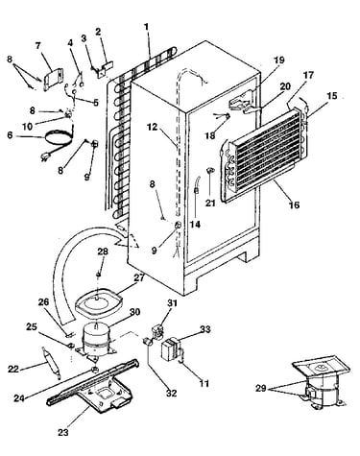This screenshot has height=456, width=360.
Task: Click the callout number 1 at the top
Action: pyautogui.click(x=147, y=27)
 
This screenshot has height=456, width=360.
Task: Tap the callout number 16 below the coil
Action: pyautogui.click(x=294, y=204)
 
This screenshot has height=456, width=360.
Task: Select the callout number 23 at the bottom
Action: pyautogui.click(x=63, y=433)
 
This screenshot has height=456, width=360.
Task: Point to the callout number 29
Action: pyautogui.click(x=261, y=389)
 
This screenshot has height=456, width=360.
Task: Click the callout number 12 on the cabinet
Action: pyautogui.click(x=153, y=127)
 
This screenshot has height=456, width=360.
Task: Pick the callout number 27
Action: pyautogui.click(x=139, y=277)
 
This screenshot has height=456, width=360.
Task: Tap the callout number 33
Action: pyautogui.click(x=205, y=329)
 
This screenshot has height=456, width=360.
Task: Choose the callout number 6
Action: pyautogui.click(x=10, y=135)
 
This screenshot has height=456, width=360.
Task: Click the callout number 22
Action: pyautogui.click(x=13, y=369)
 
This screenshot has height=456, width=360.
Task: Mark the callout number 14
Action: pyautogui.click(x=195, y=225)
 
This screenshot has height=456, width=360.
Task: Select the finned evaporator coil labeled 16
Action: pyautogui.click(x=262, y=154)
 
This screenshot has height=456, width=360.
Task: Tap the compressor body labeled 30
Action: pyautogui.click(x=96, y=340)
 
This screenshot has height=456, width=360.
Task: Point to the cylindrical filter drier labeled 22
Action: pyautogui.click(x=50, y=364)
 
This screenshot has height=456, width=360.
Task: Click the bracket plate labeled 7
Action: pyautogui.click(x=53, y=79)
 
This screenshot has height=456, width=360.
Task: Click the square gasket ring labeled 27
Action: pyautogui.click(x=99, y=302)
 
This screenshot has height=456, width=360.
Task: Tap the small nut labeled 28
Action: pyautogui.click(x=99, y=275)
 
